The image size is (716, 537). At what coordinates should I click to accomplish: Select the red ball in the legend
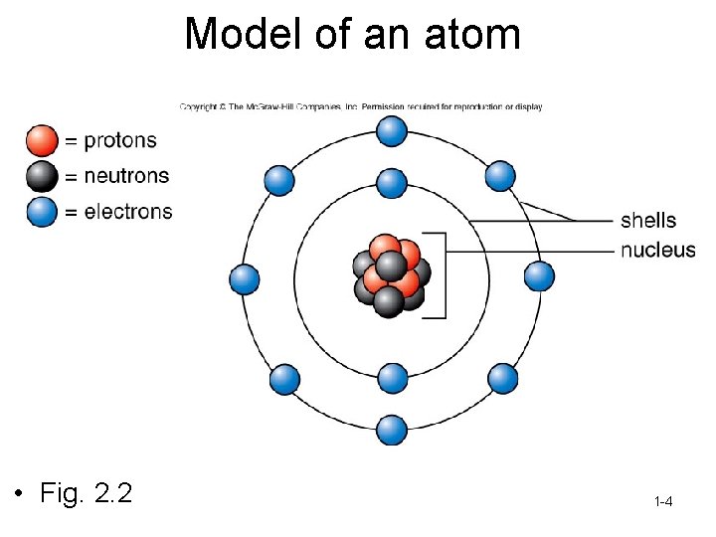click(x=43, y=140)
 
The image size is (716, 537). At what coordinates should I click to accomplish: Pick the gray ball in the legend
click(x=43, y=176)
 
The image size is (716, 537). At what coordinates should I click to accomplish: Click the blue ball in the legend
click(x=43, y=212)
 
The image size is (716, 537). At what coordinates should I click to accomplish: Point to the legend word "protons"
click(x=120, y=141)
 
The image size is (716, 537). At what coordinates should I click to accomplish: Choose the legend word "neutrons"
click(x=126, y=176)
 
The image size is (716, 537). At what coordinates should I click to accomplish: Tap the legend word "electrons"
click(x=128, y=212)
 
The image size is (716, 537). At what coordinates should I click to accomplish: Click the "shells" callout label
click(x=648, y=220)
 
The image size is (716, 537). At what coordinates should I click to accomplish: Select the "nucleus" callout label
click(x=657, y=250)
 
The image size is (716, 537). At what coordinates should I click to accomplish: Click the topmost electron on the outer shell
click(x=393, y=130)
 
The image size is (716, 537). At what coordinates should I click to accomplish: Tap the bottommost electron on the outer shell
click(x=393, y=430)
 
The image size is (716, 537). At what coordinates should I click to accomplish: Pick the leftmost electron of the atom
click(x=245, y=279)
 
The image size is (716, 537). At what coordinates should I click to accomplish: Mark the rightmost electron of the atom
click(x=539, y=275)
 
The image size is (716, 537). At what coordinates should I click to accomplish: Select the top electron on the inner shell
click(x=393, y=183)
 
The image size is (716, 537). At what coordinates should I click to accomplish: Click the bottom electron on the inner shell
click(x=393, y=378)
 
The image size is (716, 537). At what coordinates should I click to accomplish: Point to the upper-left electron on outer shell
click(x=280, y=179)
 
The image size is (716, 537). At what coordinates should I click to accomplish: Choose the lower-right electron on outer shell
click(x=503, y=378)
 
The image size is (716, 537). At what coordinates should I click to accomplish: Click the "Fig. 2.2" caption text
click(x=87, y=492)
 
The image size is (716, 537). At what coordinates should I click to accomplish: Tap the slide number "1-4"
click(x=663, y=502)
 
